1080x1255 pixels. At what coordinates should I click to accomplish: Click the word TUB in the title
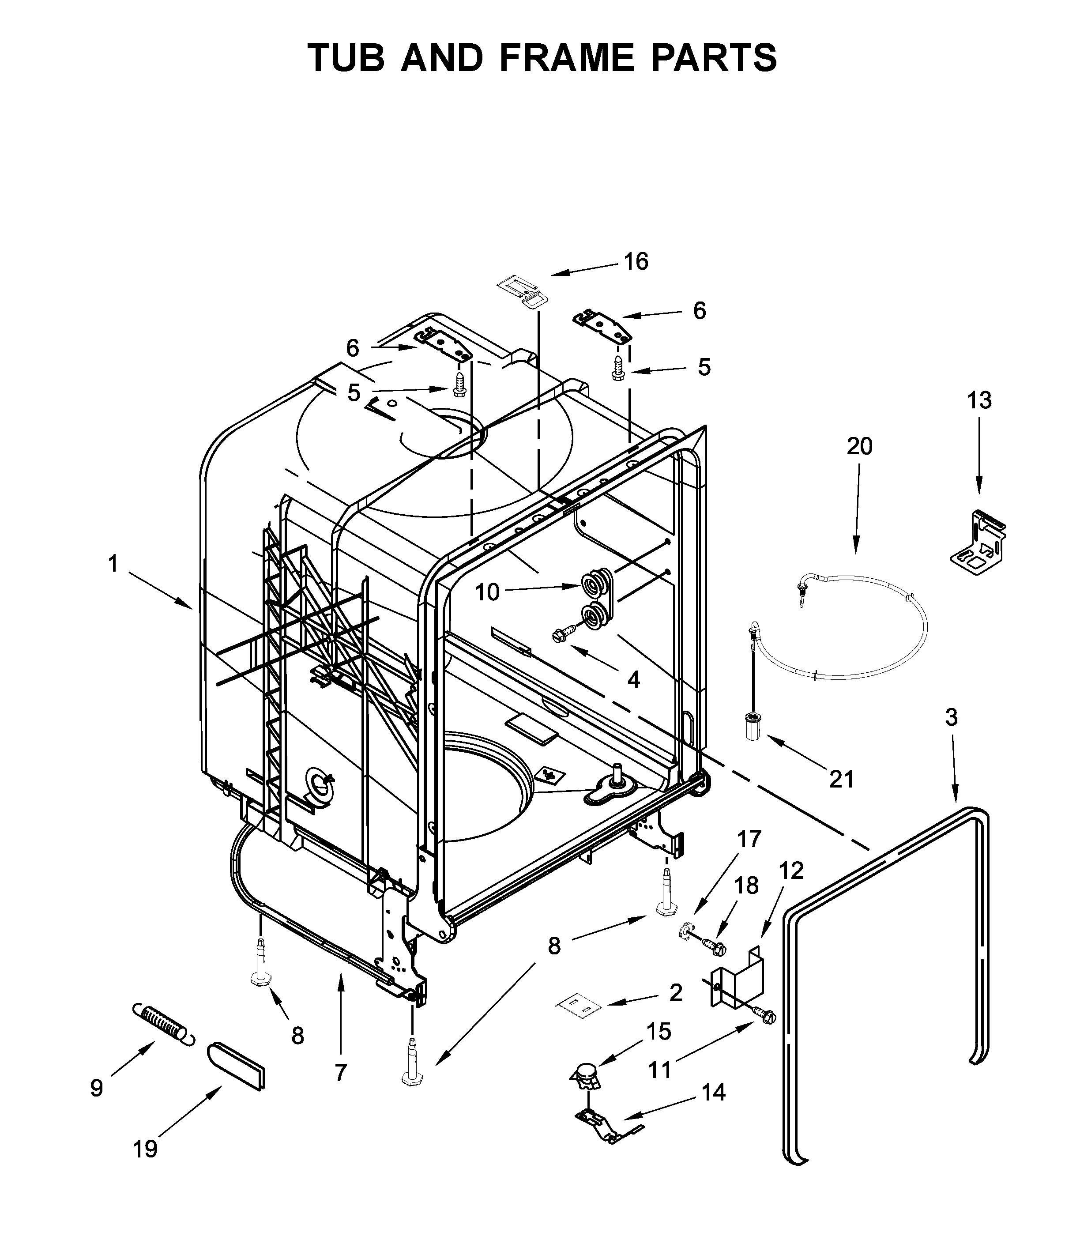[346, 58]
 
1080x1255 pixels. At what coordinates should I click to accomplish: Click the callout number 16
[636, 262]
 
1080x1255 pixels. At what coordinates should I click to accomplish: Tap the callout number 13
[979, 400]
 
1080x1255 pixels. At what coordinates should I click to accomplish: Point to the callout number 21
[841, 780]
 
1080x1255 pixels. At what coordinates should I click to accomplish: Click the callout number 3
[952, 717]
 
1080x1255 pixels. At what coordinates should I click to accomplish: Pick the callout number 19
[145, 1149]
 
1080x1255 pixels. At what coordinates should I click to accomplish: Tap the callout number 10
[486, 592]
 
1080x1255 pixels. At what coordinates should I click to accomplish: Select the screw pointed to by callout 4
[559, 635]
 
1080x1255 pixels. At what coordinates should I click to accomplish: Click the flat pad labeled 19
[237, 1065]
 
